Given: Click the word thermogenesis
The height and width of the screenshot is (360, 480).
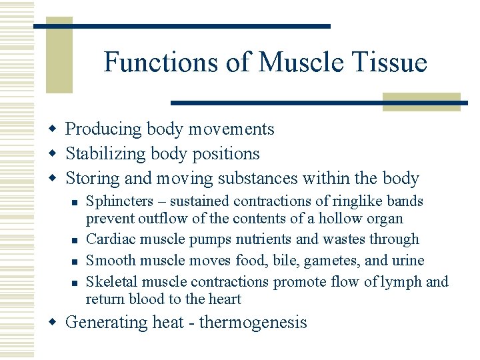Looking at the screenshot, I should [253, 323].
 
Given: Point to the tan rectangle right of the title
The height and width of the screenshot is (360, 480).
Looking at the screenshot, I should [421, 101].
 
